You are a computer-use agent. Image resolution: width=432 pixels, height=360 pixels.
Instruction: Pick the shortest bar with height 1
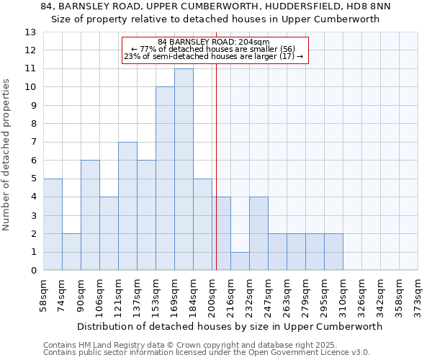pos(240,261)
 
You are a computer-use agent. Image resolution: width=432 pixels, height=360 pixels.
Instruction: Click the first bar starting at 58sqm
pos(53,224)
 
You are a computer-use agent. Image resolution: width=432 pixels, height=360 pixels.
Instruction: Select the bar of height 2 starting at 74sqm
pos(71,251)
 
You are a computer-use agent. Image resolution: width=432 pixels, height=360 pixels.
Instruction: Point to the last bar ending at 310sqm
pos(333,251)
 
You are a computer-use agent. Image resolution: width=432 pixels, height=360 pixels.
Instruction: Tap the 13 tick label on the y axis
pos(30,32)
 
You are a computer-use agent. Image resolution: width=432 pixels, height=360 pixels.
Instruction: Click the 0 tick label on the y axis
pos(33,271)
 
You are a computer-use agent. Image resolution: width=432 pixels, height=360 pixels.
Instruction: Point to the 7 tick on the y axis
pos(33,143)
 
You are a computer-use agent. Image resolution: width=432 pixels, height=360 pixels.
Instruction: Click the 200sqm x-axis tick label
pos(212,296)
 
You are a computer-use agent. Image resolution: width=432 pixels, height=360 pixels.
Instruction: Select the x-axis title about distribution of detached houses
pos(229,326)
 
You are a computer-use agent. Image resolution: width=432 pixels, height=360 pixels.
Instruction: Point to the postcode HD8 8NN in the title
pos(371,6)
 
